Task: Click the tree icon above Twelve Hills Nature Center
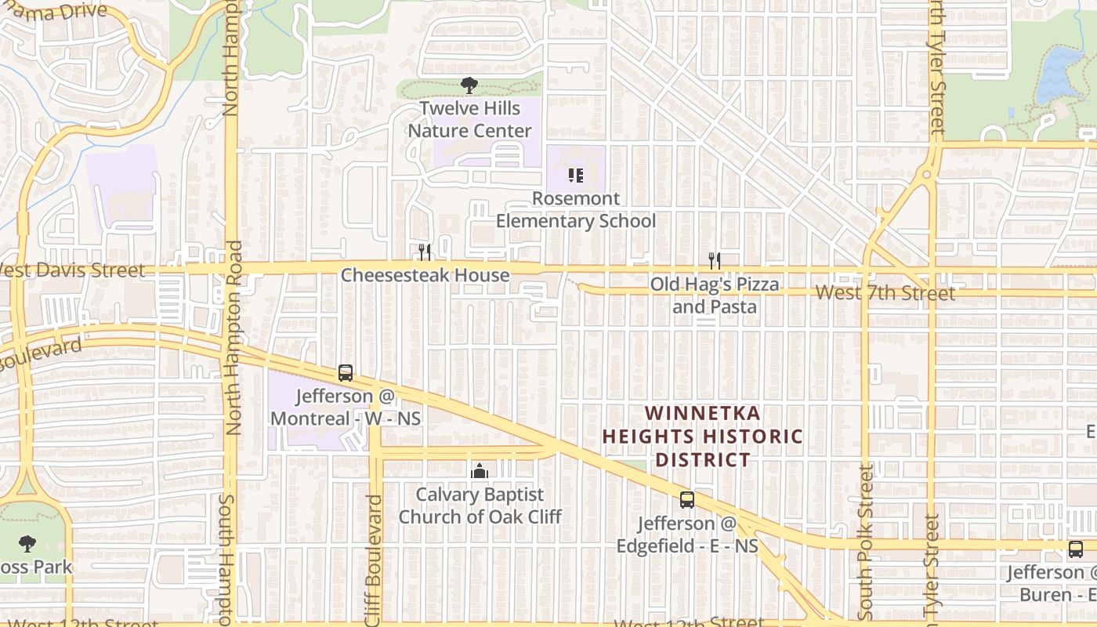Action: pos(469,85)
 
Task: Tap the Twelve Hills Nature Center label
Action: pos(469,119)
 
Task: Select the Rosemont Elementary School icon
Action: pos(576,175)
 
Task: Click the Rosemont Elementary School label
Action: pos(576,210)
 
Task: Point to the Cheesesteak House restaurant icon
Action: pos(425,252)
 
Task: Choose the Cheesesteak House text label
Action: pos(425,275)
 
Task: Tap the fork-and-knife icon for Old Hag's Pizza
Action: pos(714,260)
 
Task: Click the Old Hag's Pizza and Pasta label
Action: pos(715,295)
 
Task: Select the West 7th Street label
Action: pos(885,293)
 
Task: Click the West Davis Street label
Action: pos(72,270)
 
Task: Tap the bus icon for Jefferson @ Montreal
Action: pos(346,373)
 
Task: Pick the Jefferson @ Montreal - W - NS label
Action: pos(346,407)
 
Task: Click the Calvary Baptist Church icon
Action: pos(480,471)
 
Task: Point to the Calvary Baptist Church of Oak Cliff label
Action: pos(480,506)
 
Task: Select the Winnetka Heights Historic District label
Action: pos(703,436)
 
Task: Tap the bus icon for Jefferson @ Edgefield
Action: pos(687,500)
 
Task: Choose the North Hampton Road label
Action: pos(234,337)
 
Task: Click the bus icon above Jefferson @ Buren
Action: pos(1076,549)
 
